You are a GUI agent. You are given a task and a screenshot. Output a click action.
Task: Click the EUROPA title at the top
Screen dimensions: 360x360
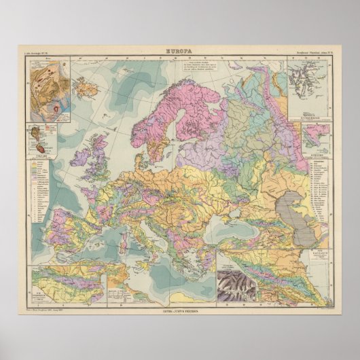[179, 50]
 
